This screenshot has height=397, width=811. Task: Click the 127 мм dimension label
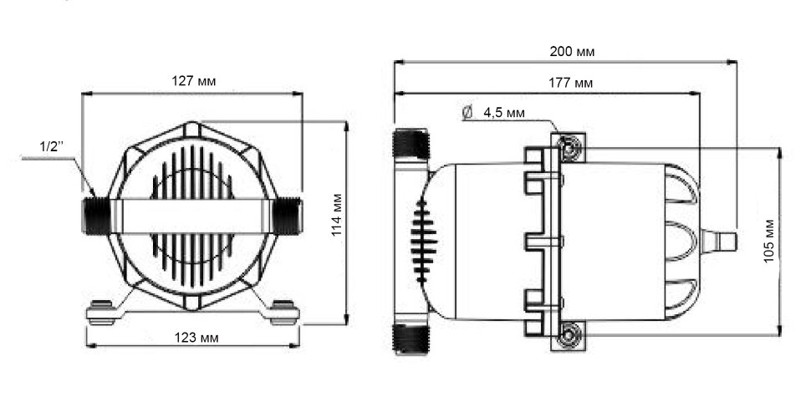pos(193,81)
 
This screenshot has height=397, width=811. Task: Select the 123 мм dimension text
pos(196,338)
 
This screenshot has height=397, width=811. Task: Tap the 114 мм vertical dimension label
pos(337,215)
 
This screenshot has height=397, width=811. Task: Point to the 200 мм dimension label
pos(572,52)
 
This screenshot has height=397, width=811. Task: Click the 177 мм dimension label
pos(570,83)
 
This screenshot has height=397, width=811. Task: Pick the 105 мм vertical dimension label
pos(769,242)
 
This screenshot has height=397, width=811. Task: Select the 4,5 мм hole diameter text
pos(504,113)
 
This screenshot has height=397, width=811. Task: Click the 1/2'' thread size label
pos(51,146)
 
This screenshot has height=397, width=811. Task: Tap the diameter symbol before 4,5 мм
pos(467,112)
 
